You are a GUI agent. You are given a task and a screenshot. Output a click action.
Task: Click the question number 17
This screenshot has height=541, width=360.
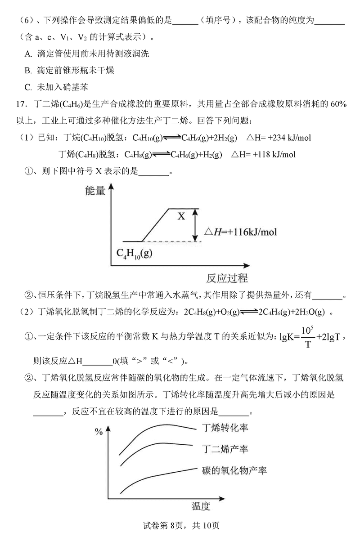coord(20,104)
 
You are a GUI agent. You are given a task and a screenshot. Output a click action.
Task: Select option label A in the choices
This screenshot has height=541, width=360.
coord(28,54)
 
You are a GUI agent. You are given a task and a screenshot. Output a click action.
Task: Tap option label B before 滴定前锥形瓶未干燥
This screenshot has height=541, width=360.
coord(28,70)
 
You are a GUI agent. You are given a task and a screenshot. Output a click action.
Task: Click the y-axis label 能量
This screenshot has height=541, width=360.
coord(95,191)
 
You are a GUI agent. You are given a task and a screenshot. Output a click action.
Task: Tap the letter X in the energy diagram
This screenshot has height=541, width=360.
coord(181,216)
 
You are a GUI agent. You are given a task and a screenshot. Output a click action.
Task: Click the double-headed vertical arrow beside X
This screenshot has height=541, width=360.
coord(195,225)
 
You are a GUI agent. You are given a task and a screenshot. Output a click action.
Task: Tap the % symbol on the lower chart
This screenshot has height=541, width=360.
coord(99,432)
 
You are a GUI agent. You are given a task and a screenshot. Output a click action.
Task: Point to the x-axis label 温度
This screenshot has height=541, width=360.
coord(201,506)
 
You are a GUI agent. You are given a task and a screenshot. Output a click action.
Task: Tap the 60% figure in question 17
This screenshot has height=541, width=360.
coord(337,104)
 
